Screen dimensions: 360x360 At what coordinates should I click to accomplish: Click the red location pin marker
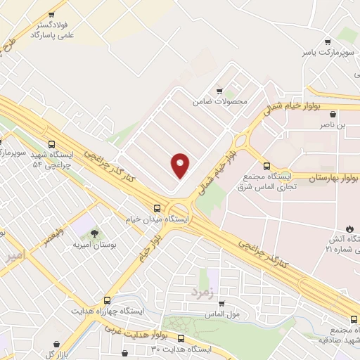point(180,165)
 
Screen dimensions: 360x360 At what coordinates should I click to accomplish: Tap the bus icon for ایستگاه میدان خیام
point(157,208)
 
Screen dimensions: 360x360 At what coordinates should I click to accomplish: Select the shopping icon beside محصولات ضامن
point(220,91)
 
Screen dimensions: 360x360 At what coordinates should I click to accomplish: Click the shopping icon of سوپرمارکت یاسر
point(324,41)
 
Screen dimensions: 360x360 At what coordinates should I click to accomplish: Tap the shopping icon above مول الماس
point(222,302)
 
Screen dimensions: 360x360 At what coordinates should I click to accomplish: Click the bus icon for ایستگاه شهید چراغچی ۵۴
point(51,144)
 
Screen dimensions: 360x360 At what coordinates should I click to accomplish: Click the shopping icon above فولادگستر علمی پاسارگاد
point(51,15)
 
